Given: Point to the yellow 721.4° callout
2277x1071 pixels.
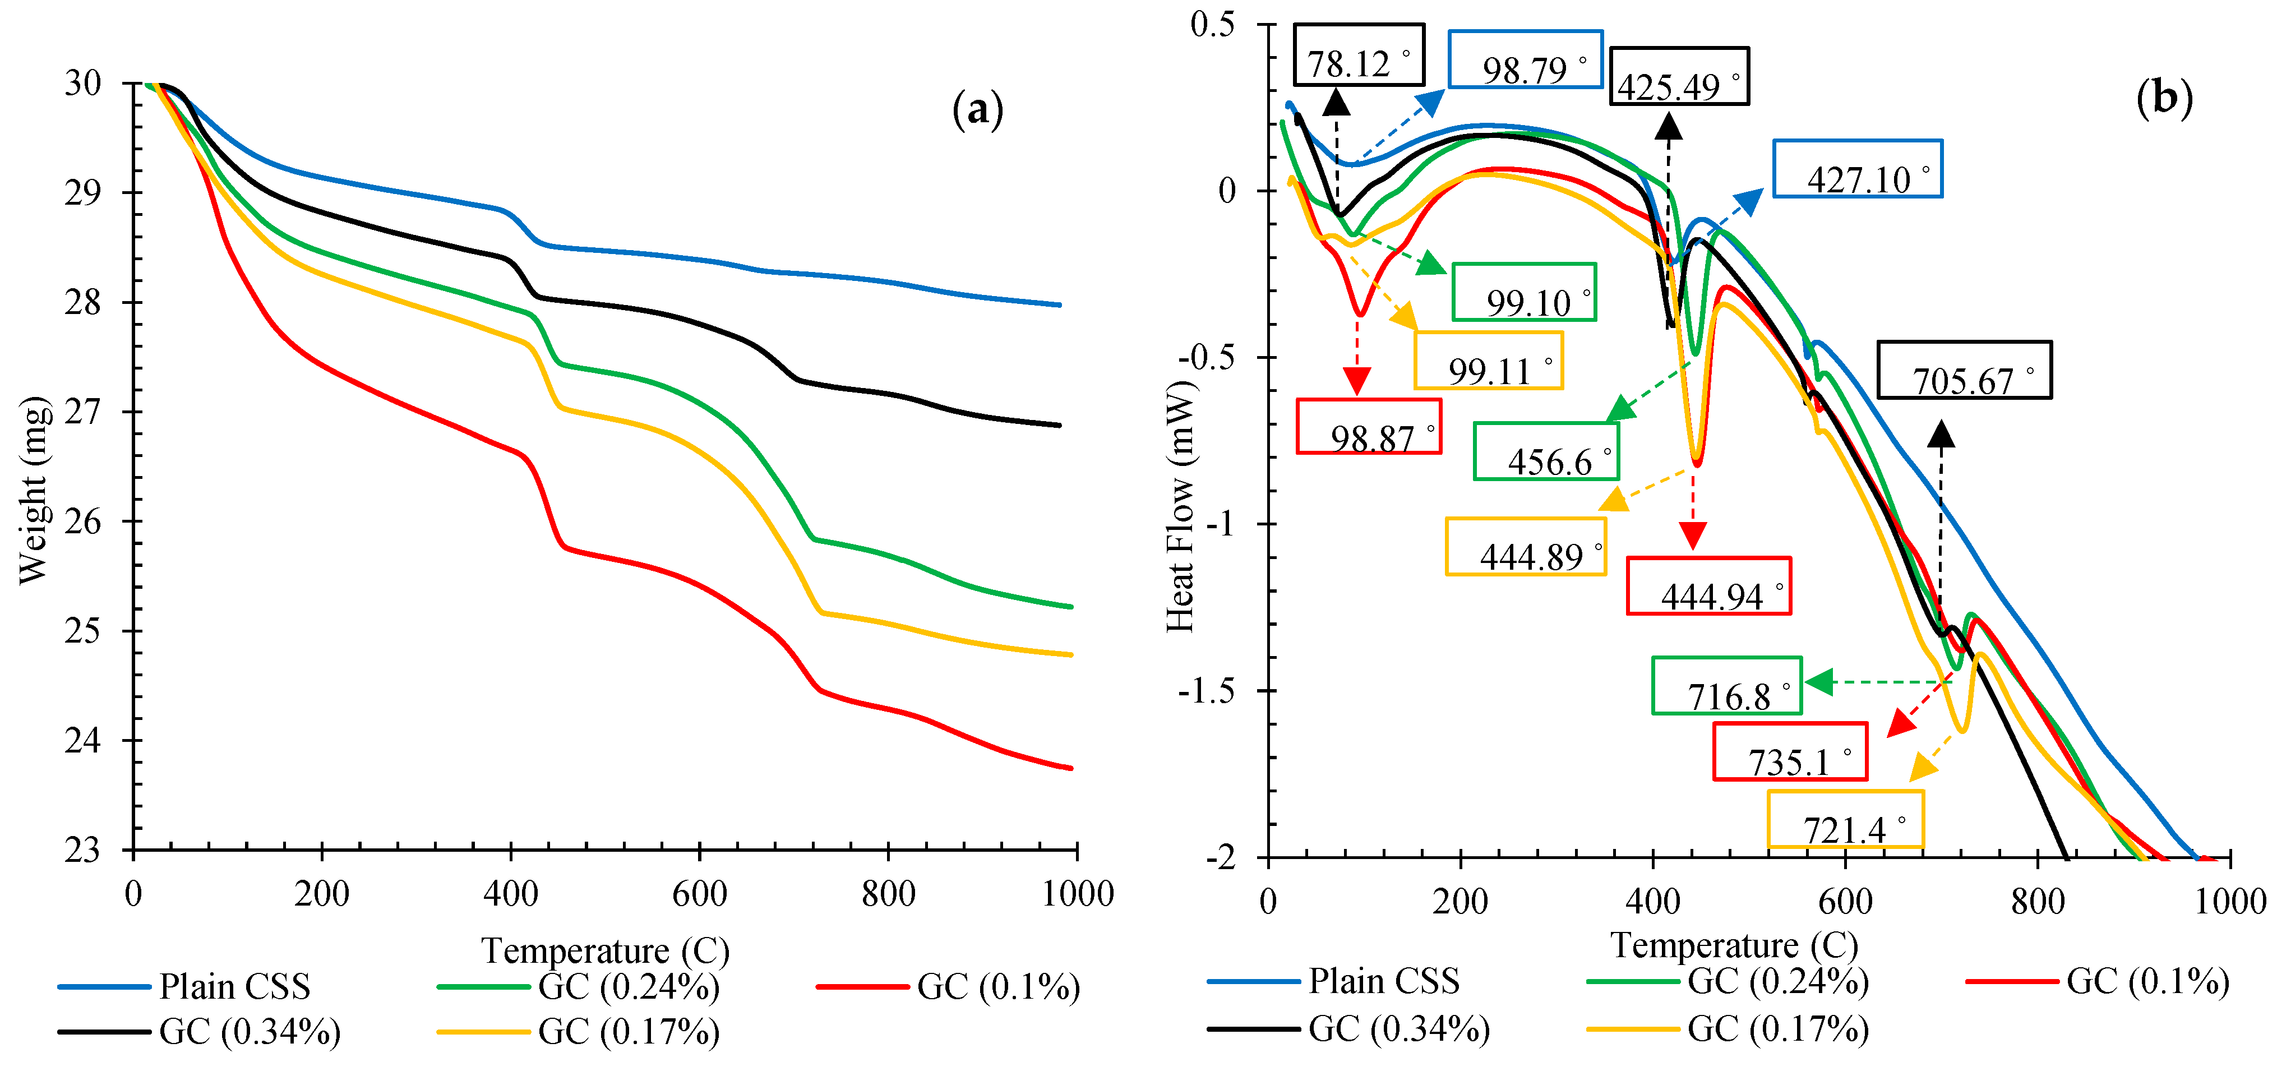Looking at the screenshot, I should tap(1845, 819).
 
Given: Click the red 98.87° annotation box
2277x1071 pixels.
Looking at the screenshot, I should tap(1368, 427).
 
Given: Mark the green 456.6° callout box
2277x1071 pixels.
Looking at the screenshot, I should tap(1546, 451).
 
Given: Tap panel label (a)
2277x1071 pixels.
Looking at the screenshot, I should tap(978, 110).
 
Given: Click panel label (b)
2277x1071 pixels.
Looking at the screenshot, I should tap(2164, 97).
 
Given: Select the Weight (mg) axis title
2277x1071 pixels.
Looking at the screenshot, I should tap(34, 491).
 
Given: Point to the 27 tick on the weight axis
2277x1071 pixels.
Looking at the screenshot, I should tap(83, 412).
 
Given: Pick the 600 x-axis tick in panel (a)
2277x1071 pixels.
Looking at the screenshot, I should tap(699, 894).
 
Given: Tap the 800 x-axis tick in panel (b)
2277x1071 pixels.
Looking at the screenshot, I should tap(2038, 901).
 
